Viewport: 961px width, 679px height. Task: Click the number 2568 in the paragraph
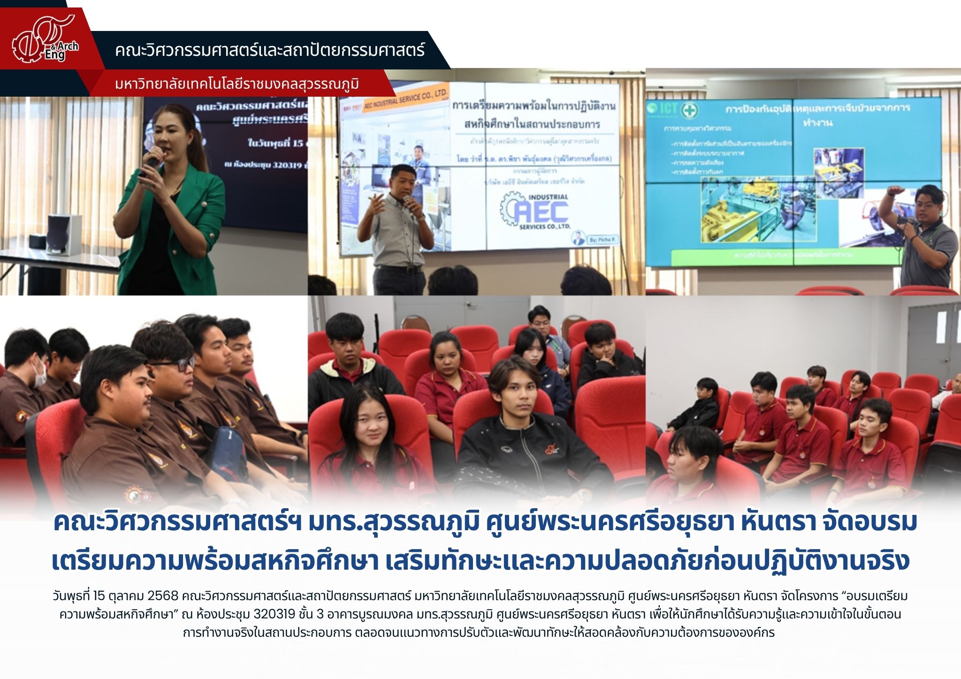coord(163,596)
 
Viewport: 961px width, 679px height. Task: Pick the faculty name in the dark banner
coord(270,50)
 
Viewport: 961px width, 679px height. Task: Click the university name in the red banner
coord(237,84)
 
